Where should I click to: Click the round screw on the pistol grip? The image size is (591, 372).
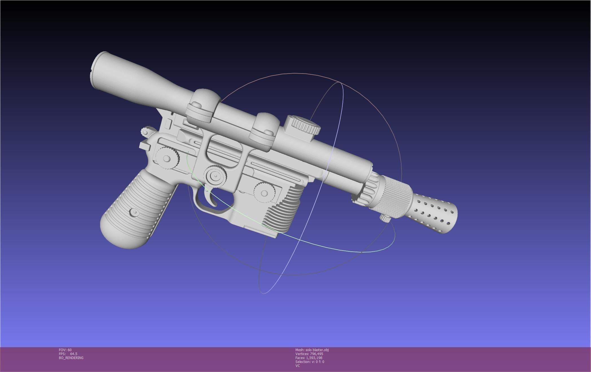134,212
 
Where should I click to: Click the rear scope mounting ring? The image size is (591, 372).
204,106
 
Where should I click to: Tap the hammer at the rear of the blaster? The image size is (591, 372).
146,132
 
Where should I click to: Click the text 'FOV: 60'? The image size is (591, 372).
65,350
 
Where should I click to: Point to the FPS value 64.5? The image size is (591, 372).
74,354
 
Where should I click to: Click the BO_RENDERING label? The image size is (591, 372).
71,358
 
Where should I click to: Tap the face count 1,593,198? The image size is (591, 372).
315,358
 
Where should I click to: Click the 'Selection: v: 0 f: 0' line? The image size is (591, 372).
310,362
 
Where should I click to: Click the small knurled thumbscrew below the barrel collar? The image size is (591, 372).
384,217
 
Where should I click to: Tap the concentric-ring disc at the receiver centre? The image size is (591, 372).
216,176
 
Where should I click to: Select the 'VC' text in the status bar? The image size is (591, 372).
298,366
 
